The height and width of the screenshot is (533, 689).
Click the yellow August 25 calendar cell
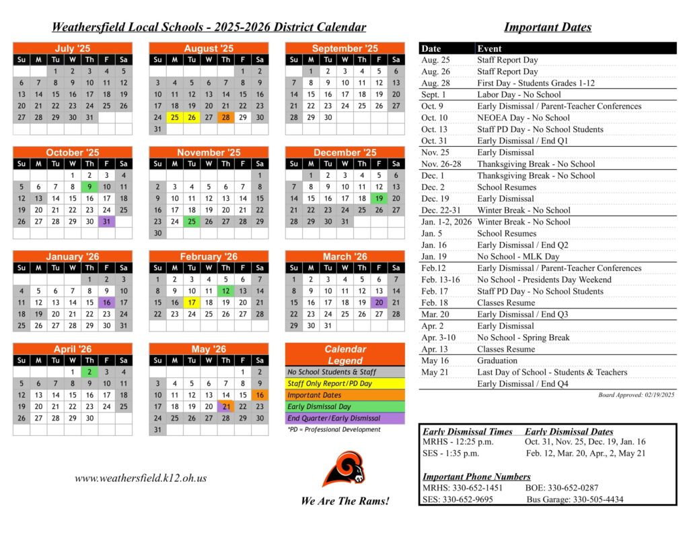point(174,117)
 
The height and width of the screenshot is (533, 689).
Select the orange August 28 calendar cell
point(226,117)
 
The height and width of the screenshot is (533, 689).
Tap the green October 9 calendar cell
point(89,187)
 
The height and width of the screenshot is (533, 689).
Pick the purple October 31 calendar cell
point(106,222)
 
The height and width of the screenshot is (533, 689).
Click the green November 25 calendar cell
point(192,222)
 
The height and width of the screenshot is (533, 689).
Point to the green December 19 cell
point(379,199)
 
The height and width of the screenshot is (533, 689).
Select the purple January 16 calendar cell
point(106,303)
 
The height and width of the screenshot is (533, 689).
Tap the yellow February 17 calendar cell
point(192,303)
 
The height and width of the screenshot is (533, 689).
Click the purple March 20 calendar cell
point(379,303)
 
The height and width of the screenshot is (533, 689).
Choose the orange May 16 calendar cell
point(260,395)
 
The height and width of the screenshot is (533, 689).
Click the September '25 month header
point(344,49)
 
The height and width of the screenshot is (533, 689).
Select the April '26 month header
point(72,349)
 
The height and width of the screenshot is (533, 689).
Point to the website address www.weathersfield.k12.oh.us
point(141,478)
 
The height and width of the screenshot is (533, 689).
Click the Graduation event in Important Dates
point(497,360)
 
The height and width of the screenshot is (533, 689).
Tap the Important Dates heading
point(547,28)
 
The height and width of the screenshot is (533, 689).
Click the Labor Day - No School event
point(519,94)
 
